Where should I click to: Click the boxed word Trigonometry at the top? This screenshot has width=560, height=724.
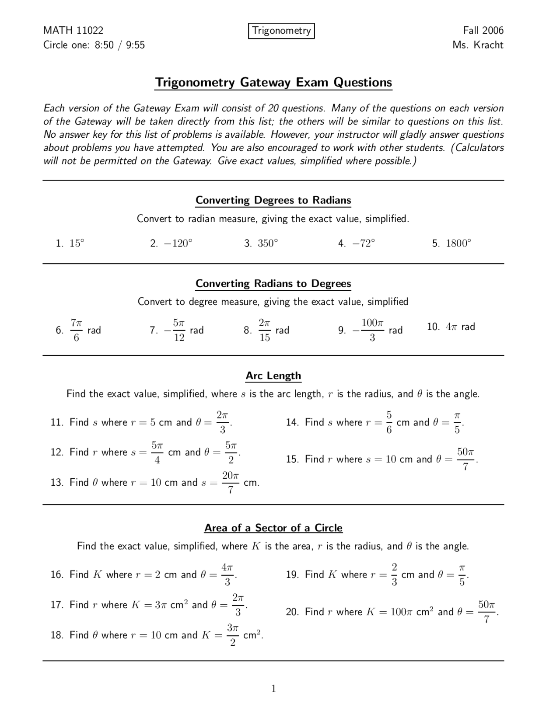tap(281, 31)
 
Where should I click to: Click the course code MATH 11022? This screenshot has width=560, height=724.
tap(73, 31)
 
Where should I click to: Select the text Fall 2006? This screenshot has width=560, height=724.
tap(483, 31)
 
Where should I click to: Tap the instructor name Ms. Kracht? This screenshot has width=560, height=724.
tap(478, 45)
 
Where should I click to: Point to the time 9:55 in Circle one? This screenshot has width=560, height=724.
tap(135, 45)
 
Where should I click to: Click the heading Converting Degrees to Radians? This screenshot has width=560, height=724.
tap(273, 200)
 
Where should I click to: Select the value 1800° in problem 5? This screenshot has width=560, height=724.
tap(458, 244)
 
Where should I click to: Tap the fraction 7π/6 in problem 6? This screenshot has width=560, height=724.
tap(76, 330)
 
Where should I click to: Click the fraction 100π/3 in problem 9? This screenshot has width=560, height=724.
tap(372, 330)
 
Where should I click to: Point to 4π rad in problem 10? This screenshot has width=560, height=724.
tap(460, 327)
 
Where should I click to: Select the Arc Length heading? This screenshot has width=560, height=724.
tap(273, 376)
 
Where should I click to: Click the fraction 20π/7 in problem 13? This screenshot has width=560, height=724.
tap(231, 482)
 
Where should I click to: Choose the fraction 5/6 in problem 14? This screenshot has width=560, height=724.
tap(389, 422)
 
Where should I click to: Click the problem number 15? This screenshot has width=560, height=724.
tap(292, 459)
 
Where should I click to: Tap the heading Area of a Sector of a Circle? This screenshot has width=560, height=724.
tap(273, 528)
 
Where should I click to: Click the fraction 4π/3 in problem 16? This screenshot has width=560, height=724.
tap(227, 574)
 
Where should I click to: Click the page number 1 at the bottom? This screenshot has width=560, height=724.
tap(273, 689)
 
